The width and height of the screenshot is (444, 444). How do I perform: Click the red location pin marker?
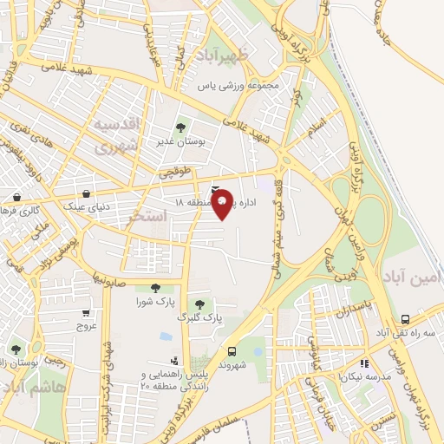[223, 203]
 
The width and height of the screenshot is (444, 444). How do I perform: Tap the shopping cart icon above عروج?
[86, 313]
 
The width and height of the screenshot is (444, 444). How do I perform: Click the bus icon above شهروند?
[231, 351]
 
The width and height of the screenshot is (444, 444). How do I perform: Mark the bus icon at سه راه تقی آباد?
[406, 320]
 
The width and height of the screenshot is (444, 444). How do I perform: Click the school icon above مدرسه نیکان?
[364, 363]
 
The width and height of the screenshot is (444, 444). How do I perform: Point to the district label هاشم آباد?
[33, 388]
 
